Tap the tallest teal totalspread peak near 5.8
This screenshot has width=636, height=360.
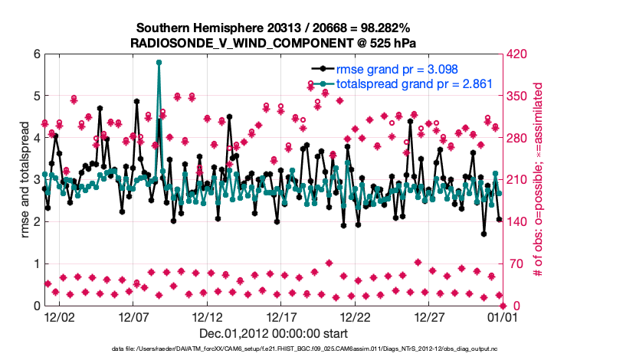click(159, 63)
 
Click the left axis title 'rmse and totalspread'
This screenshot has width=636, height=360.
click(25, 180)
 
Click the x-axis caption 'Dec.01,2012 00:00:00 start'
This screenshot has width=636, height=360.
click(273, 333)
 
